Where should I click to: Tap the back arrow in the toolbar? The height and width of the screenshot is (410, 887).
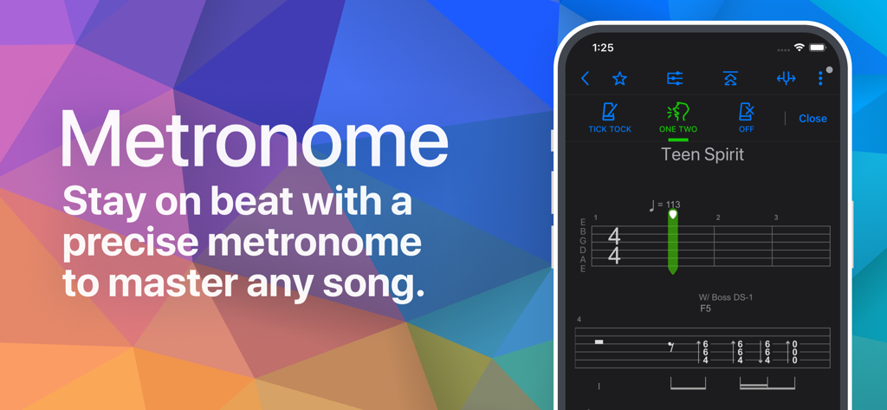pos(586,79)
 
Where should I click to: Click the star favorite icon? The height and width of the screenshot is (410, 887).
pos(619,79)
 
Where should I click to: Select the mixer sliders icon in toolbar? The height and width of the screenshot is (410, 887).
pos(675,79)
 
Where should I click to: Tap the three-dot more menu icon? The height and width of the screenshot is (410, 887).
pos(820,79)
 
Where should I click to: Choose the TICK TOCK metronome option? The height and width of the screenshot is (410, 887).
pos(610,118)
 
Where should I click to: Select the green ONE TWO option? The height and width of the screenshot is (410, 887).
pos(677,118)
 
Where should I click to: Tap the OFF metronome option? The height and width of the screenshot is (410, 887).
pos(746,118)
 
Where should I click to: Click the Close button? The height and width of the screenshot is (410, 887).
pos(813,119)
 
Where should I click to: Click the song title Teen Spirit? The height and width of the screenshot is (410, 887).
pos(702,155)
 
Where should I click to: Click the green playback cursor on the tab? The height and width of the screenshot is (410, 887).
pos(673,243)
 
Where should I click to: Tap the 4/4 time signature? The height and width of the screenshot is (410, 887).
pos(614,246)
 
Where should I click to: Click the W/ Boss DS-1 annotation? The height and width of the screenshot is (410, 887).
pos(726,298)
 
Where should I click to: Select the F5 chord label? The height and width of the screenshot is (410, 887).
pos(707,309)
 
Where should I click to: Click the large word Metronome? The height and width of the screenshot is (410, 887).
pos(254,140)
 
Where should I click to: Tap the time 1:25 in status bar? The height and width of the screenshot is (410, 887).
pos(603,48)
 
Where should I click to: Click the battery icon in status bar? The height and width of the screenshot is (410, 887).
pos(817,48)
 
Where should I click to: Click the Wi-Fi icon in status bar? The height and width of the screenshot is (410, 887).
pos(799,48)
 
